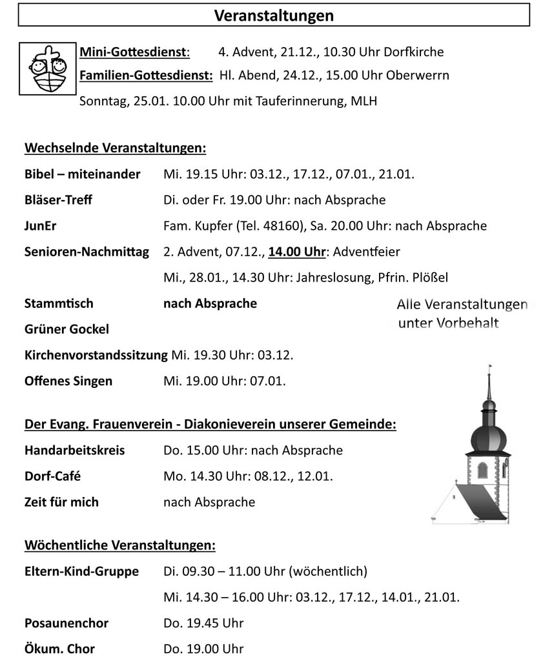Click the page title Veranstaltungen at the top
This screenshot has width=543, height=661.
point(274,15)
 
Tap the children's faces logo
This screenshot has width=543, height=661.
point(48,68)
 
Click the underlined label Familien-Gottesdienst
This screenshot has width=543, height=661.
point(146,76)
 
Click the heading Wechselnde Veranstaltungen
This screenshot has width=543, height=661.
point(115,148)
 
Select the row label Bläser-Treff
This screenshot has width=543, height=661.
point(58,200)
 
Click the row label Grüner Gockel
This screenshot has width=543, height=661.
point(67,329)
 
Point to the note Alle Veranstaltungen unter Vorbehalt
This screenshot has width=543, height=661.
point(461,313)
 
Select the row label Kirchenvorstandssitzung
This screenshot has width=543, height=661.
point(96,355)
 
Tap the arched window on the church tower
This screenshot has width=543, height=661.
point(482,471)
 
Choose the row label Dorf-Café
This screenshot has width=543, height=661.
point(52,476)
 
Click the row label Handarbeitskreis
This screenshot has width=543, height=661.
point(74,450)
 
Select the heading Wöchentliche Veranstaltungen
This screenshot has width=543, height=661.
point(119,545)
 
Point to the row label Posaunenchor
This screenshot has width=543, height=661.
point(66,623)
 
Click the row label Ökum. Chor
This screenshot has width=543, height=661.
point(59,649)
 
